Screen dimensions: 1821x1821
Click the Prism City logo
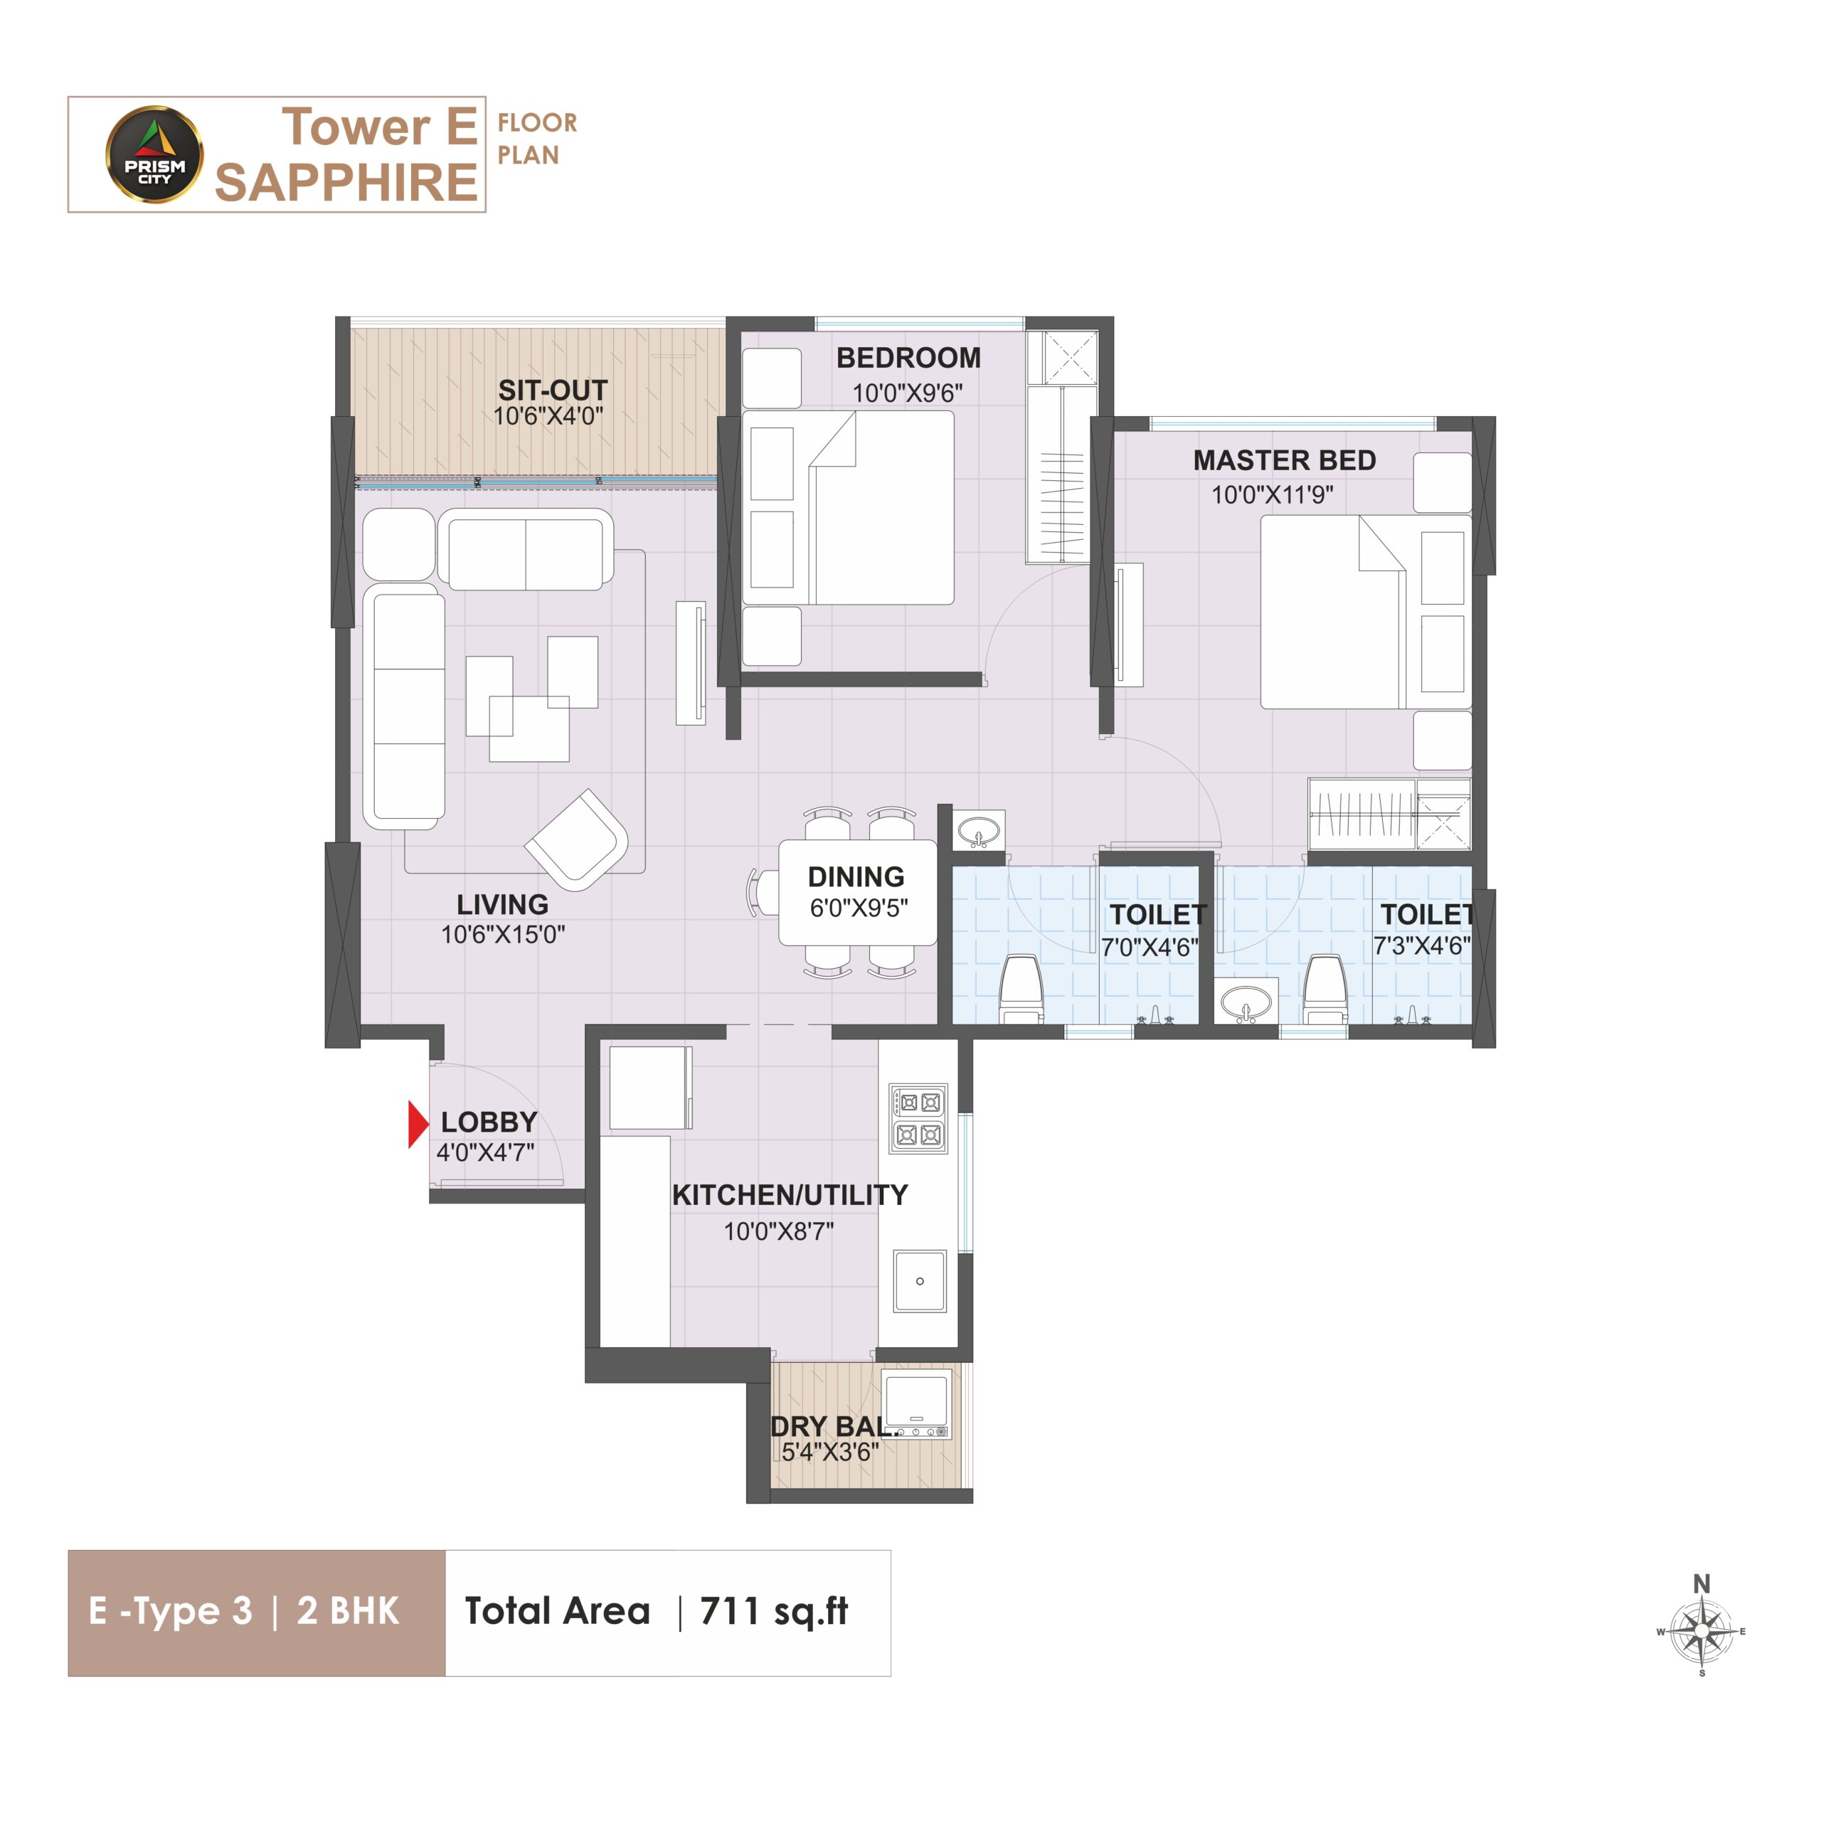pos(154,154)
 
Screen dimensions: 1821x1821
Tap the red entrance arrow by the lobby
pos(418,1125)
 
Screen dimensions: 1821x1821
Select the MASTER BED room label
pos(1284,460)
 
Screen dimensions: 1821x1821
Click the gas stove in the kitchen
pos(918,1119)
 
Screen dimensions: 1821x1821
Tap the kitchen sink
pos(919,1281)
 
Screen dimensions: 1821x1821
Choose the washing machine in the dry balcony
pos(916,1403)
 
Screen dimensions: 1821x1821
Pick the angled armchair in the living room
pos(577,839)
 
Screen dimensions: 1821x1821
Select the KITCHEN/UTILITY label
pos(790,1195)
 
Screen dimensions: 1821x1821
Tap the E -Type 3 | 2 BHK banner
pos(256,1613)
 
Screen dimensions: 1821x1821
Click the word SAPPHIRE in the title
pos(346,182)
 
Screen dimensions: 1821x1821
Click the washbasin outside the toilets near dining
pos(978,832)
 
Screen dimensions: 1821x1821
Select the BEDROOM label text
pos(908,359)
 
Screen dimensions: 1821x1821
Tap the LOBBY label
pos(489,1122)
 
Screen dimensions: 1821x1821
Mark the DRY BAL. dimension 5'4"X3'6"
pos(829,1453)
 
